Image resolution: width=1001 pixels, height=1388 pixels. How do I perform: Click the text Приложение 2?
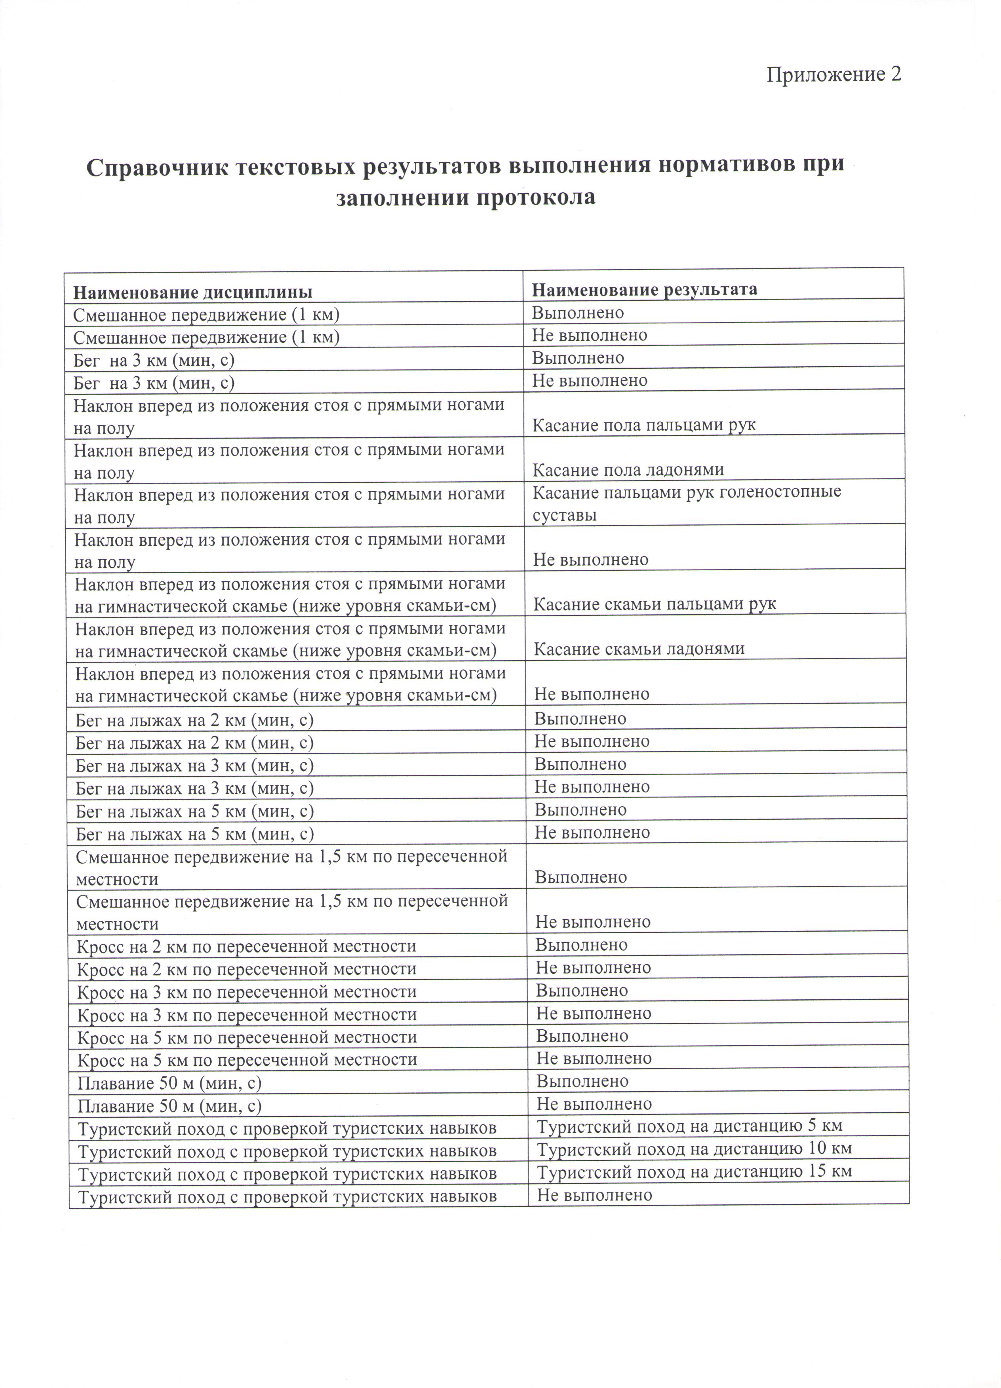[x=834, y=75]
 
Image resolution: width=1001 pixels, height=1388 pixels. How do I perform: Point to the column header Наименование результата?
[x=644, y=289]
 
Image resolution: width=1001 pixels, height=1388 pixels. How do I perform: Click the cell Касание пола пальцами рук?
[x=644, y=425]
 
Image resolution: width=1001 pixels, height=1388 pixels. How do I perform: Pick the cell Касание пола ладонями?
[x=628, y=469]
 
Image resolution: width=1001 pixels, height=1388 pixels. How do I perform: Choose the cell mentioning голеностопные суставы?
[x=686, y=503]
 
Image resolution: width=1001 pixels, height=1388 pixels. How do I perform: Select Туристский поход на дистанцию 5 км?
[x=689, y=1125]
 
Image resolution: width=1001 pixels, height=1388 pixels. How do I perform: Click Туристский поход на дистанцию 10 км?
[x=694, y=1148]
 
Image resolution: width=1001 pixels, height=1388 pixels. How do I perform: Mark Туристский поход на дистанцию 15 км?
[x=694, y=1171]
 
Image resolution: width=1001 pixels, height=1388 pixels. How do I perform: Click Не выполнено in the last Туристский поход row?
[x=594, y=1194]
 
